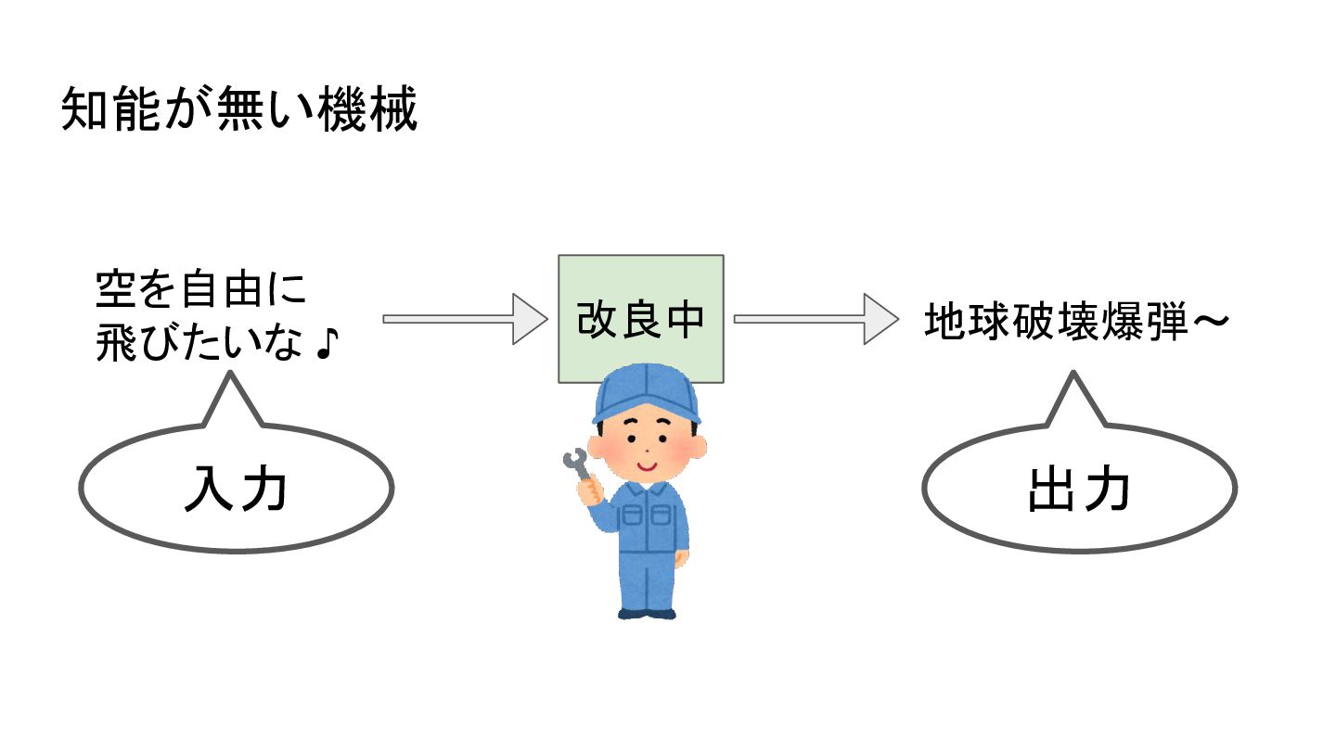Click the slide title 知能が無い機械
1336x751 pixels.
tap(239, 108)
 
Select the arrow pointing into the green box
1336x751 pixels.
tap(465, 319)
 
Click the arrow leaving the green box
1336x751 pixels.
tap(816, 319)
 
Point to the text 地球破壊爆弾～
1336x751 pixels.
tap(1077, 322)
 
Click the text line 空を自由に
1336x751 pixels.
tap(201, 289)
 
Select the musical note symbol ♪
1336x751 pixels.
tap(327, 344)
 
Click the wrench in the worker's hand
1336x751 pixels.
tap(577, 465)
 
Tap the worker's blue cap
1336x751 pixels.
tap(647, 393)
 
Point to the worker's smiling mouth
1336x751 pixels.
tap(648, 465)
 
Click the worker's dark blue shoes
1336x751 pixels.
tap(648, 614)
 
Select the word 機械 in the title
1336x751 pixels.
tap(367, 108)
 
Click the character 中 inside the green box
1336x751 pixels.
tap(686, 320)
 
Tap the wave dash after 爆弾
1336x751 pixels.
tap(1211, 322)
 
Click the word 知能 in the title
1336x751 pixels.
tap(111, 108)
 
